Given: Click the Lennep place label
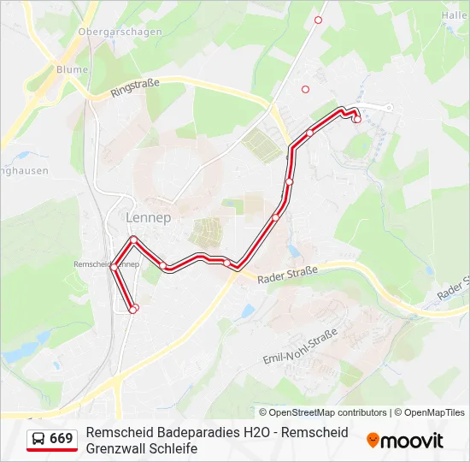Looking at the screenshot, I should click(148, 217).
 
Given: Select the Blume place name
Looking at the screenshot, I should click(71, 69).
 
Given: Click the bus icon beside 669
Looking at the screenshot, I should click(38, 439).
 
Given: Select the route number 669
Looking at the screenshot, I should click(61, 439).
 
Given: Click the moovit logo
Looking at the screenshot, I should click(405, 441).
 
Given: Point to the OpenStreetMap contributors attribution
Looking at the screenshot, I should click(322, 412).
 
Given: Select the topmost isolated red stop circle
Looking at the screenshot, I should click(319, 20).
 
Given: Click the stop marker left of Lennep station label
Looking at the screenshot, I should click(114, 267).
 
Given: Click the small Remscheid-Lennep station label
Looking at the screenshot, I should click(107, 264).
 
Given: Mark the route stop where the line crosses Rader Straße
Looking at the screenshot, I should click(227, 263).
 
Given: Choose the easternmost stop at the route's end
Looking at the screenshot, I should click(356, 119).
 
